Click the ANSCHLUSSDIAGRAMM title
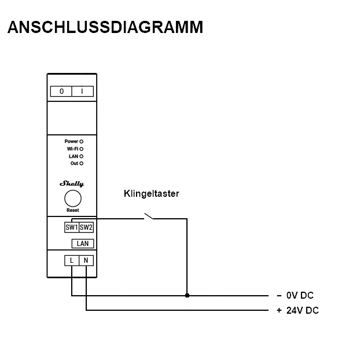(105, 28)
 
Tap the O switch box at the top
(62, 91)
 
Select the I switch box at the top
(82, 91)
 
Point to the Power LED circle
(82, 141)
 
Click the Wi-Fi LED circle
(82, 149)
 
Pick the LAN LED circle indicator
(82, 156)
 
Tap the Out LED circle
(82, 163)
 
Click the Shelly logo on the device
(72, 184)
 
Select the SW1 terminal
(71, 227)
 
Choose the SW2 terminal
(86, 227)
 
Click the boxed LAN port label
(83, 244)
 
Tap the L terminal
(72, 260)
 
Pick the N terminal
(86, 260)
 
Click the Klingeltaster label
(151, 194)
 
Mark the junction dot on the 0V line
(186, 295)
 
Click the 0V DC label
(299, 295)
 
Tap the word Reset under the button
(72, 211)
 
